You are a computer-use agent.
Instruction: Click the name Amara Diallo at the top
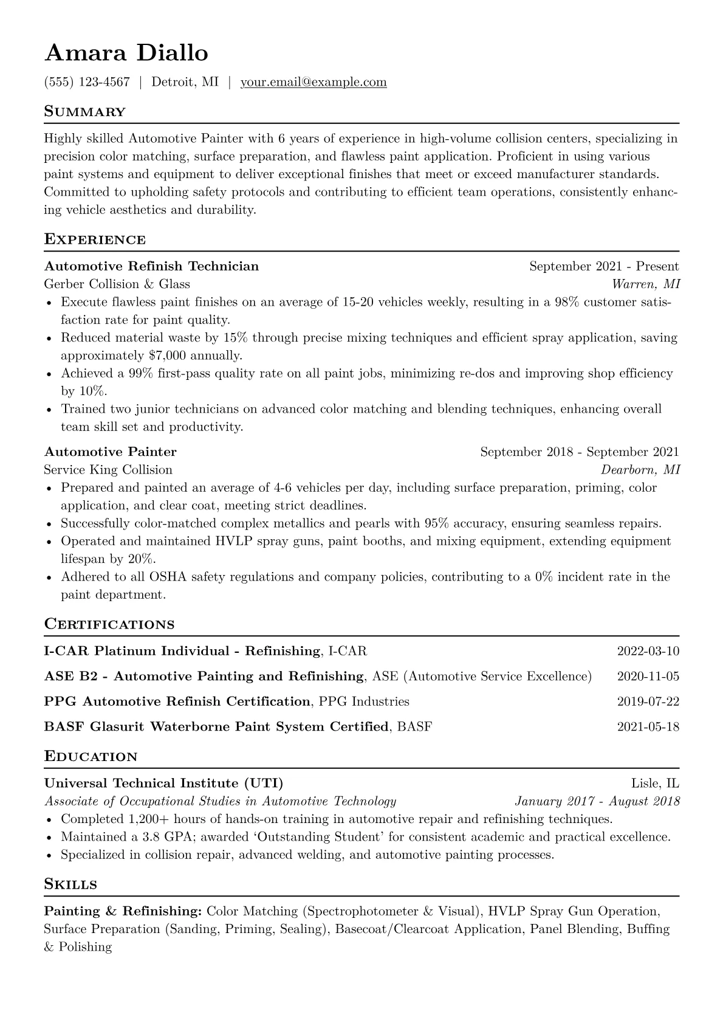click(126, 53)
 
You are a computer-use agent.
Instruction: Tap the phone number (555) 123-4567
click(87, 82)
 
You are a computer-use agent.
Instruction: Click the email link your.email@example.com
click(314, 82)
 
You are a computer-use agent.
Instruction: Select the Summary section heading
click(85, 112)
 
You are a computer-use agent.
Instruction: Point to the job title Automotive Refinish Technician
click(151, 266)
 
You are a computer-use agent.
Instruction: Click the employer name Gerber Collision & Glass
click(117, 284)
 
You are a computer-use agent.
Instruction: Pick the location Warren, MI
click(646, 284)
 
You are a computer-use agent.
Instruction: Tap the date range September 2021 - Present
click(604, 266)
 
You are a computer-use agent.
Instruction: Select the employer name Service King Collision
click(108, 470)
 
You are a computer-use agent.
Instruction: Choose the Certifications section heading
click(109, 625)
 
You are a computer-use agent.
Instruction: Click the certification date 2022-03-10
click(648, 652)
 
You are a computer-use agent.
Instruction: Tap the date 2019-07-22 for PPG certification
click(648, 701)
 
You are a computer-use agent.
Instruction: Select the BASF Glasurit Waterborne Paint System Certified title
click(216, 726)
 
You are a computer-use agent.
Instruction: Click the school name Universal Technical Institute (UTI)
click(163, 784)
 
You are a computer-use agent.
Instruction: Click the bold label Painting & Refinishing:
click(123, 912)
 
